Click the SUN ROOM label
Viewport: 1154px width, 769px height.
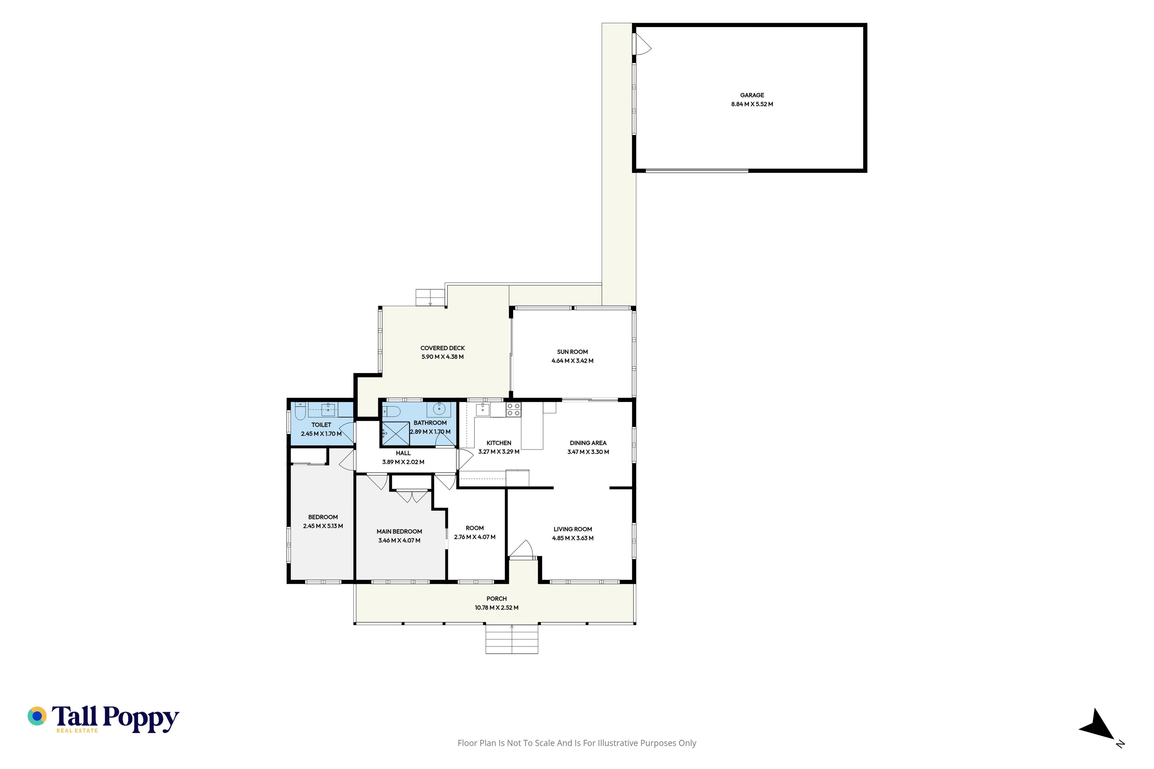click(x=572, y=352)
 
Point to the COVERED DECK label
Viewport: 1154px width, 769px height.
click(x=443, y=348)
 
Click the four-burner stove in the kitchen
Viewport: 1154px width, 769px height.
click(x=513, y=409)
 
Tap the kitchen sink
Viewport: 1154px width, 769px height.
click(x=483, y=409)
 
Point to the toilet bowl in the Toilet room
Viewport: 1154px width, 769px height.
click(x=300, y=411)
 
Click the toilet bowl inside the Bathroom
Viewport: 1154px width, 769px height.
click(x=392, y=411)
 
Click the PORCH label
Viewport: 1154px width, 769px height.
click(x=496, y=599)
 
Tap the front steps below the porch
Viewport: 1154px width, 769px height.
click(x=512, y=639)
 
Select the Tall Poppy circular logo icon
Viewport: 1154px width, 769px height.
click(x=37, y=716)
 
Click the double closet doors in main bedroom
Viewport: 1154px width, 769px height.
click(x=412, y=496)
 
